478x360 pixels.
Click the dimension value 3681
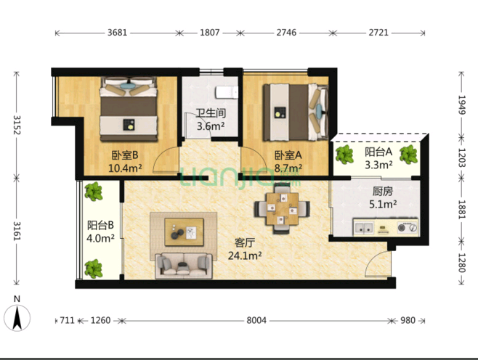point(117,32)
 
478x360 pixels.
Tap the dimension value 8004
point(256,320)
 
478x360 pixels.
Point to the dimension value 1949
point(461,105)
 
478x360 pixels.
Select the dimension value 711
point(67,320)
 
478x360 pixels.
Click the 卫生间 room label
point(211,113)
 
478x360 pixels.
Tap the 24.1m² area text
point(245,255)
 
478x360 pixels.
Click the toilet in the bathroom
point(227,92)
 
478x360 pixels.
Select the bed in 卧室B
point(129,109)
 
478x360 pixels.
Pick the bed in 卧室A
point(296,112)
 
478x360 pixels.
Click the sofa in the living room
point(184,266)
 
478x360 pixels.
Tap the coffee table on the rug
point(184,232)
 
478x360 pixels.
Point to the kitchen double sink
point(364,227)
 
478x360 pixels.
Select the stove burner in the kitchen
point(408,227)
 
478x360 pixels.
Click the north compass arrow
point(17,319)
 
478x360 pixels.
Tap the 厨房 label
point(383,192)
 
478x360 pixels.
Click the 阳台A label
point(378,152)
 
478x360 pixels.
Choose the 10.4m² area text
point(125,168)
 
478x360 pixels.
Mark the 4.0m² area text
point(100,238)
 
